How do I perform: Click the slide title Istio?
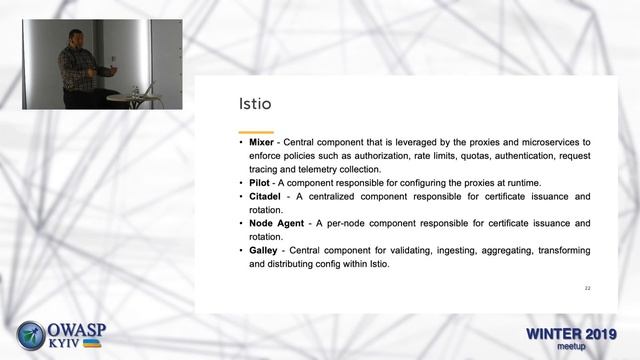click(255, 103)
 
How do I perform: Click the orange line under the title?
click(256, 132)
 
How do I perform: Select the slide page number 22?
click(587, 288)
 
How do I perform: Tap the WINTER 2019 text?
click(571, 333)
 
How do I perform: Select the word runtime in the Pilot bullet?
click(520, 183)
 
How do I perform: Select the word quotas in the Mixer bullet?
click(439, 157)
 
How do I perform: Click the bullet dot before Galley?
click(241, 250)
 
